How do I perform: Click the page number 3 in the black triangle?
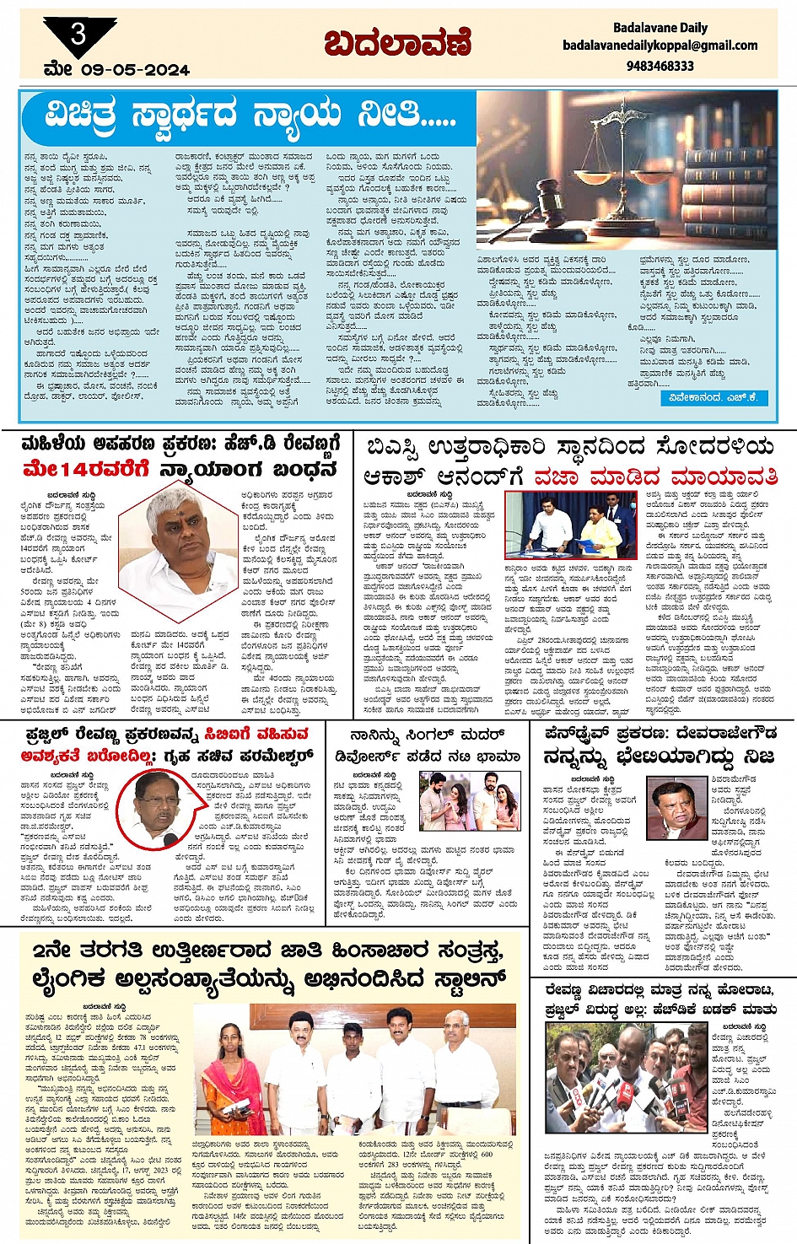78,35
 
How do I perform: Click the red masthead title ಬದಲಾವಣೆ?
397,42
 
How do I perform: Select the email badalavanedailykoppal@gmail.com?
660,46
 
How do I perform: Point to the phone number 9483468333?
660,65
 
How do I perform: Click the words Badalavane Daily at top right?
660,27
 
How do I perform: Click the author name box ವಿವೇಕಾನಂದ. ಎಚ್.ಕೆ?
713,397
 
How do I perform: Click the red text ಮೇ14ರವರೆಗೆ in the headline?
86,469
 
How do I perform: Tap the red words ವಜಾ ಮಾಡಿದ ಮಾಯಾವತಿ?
654,477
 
